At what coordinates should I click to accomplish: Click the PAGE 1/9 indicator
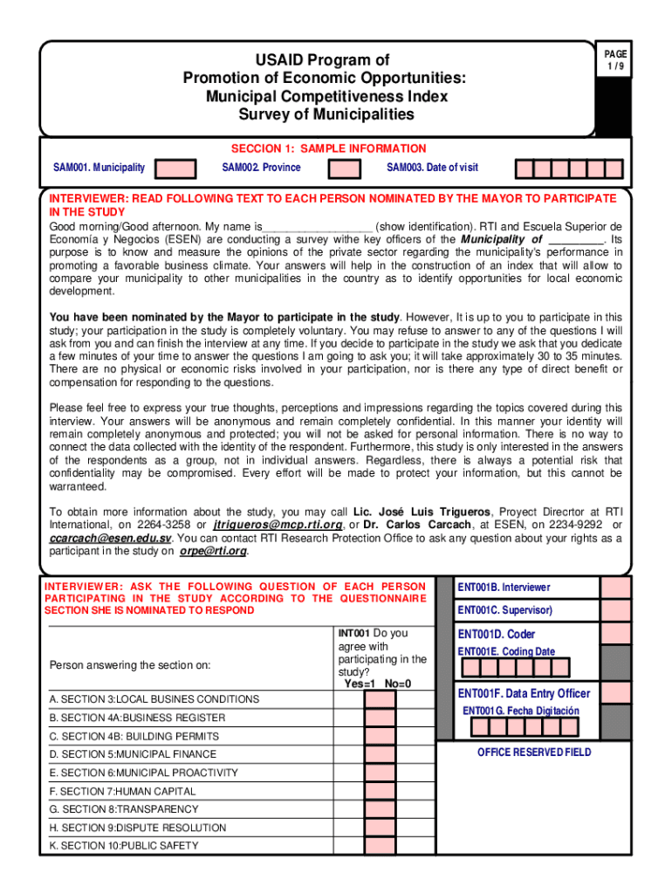616,61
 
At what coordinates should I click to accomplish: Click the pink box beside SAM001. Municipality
181,168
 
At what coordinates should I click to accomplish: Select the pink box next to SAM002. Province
346,168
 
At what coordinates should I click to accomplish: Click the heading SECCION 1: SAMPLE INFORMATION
328,148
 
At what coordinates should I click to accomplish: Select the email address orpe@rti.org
214,552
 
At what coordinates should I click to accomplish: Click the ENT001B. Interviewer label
504,588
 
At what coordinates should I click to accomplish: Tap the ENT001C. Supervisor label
505,610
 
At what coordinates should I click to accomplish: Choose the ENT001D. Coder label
497,634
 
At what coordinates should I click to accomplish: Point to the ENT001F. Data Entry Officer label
524,693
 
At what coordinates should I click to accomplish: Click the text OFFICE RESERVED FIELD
534,752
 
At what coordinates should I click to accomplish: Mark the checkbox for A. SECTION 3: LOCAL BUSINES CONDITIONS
380,699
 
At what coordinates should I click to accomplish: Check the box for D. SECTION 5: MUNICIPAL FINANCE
380,754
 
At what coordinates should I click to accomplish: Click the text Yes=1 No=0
377,684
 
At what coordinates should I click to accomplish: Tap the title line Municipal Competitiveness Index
326,96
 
